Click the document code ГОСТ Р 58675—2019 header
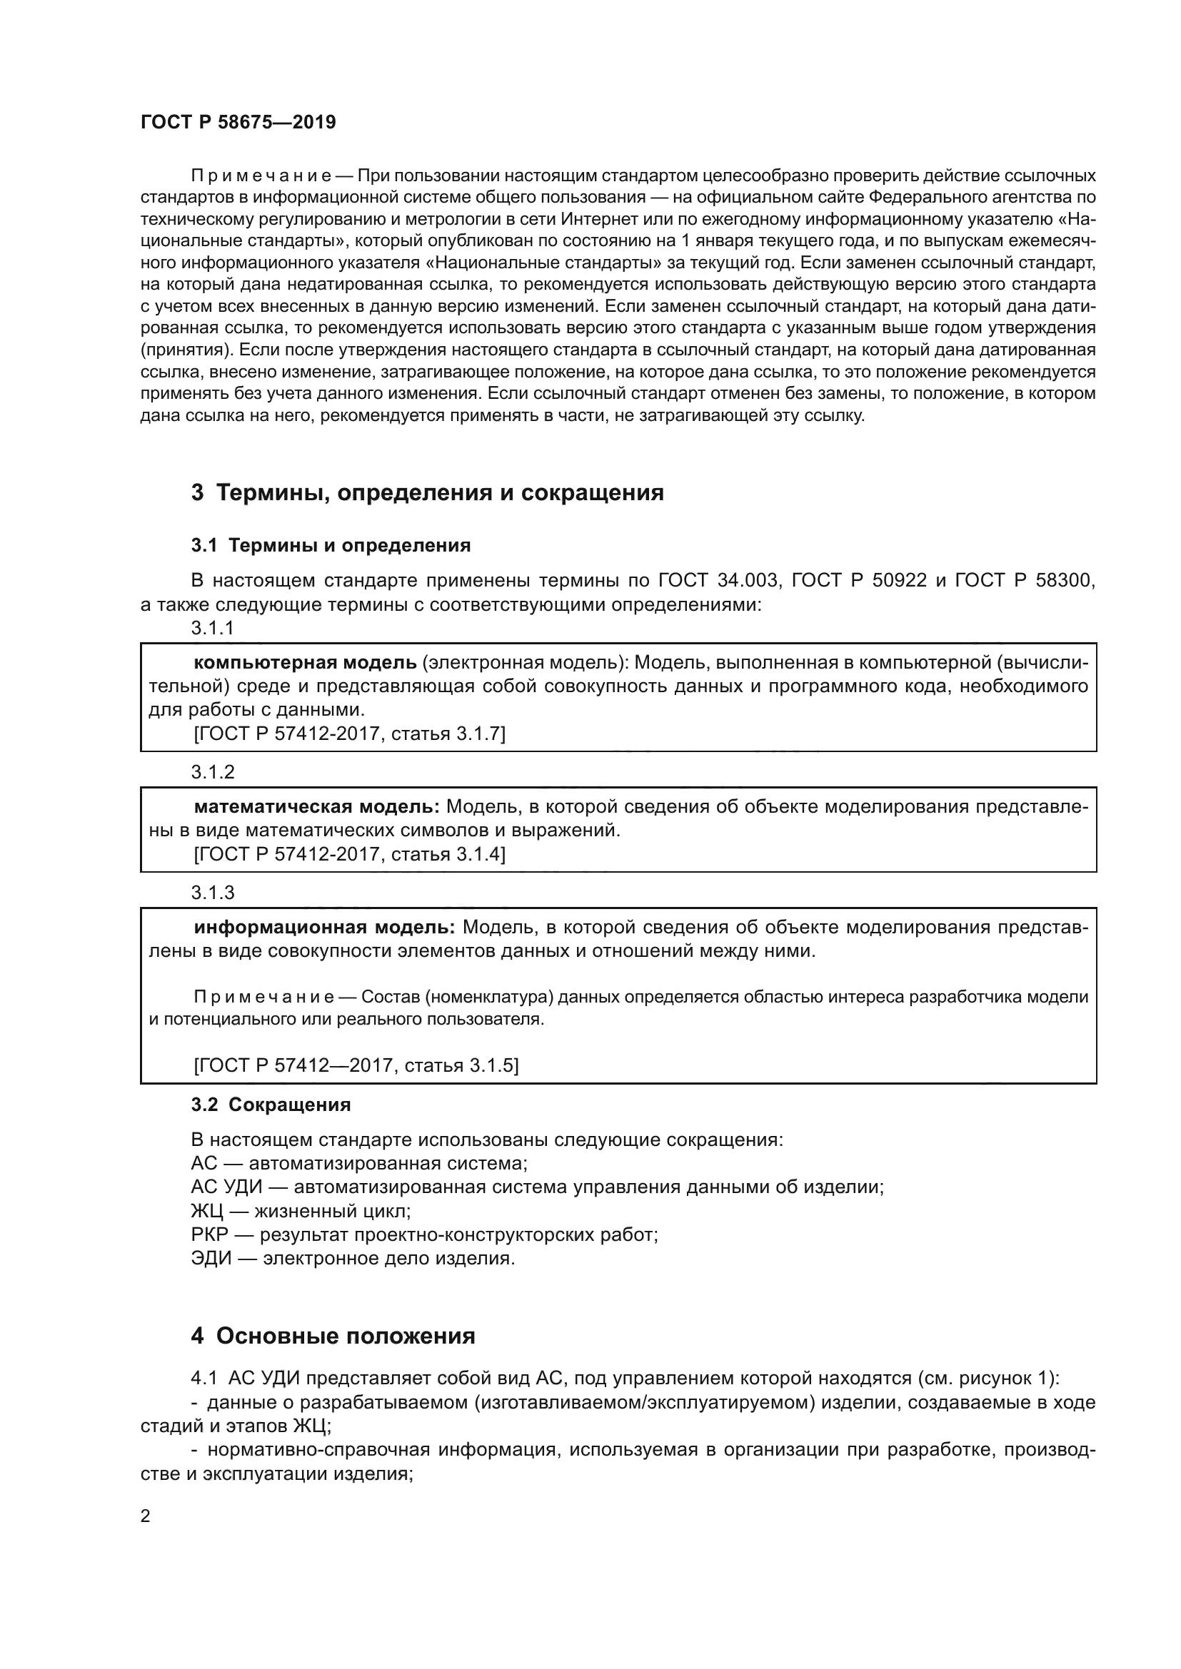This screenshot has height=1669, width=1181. point(238,122)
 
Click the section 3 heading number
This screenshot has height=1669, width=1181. point(197,493)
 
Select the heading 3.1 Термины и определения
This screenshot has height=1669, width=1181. point(331,545)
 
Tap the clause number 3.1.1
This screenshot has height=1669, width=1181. point(212,628)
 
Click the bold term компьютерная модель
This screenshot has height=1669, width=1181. point(305,663)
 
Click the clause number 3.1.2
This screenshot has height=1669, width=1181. point(212,772)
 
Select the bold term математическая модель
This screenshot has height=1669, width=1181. point(316,807)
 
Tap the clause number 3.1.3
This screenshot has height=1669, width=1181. point(212,893)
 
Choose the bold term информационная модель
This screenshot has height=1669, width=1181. point(323,928)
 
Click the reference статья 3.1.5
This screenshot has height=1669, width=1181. point(460,1065)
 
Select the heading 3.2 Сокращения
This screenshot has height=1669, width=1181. point(271,1105)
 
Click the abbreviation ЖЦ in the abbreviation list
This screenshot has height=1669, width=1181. point(204,1211)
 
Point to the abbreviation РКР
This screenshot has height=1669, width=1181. point(209,1235)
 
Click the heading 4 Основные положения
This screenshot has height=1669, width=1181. point(333,1336)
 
